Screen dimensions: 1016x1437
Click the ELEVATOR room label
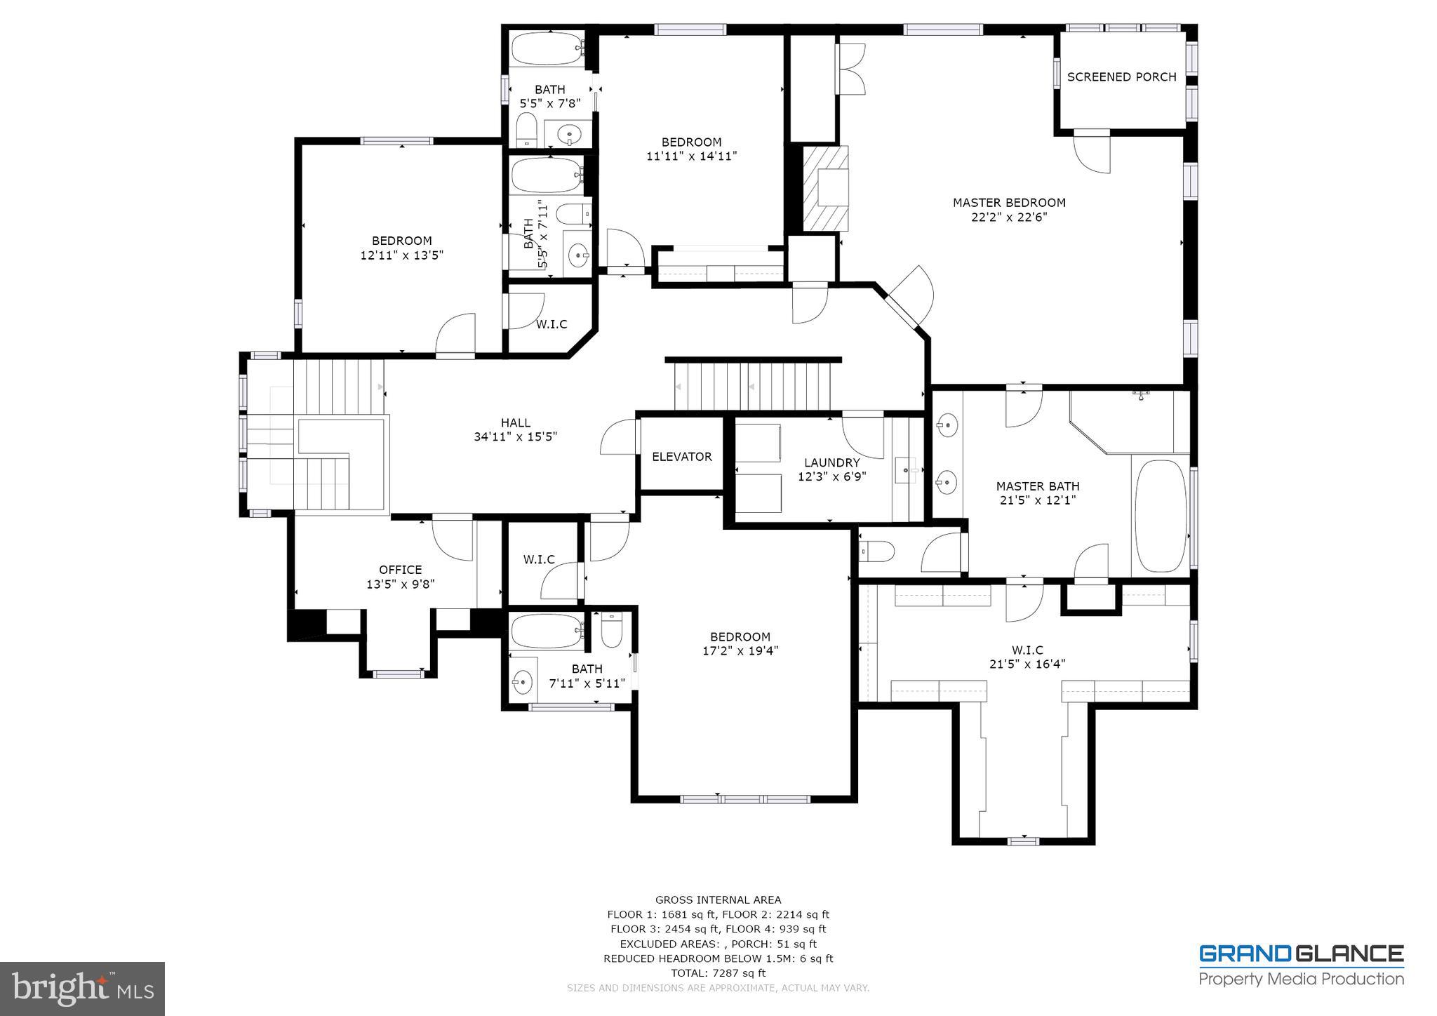point(681,457)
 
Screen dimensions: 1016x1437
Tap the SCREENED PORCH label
point(1121,77)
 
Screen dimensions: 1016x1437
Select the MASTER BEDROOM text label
point(1008,203)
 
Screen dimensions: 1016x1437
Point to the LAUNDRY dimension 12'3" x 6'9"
point(831,476)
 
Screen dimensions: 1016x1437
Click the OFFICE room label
point(400,570)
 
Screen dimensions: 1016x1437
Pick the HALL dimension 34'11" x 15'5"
point(515,436)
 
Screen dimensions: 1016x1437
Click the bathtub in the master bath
point(1161,516)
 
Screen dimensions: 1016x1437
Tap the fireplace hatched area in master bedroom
point(825,188)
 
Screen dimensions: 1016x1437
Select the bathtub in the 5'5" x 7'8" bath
point(547,49)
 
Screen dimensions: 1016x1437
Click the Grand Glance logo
point(1301,965)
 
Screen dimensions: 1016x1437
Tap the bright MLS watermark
point(83,989)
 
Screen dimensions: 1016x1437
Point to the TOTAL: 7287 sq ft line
point(718,973)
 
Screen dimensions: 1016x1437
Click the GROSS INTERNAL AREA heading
point(718,900)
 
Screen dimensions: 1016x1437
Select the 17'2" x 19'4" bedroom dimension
point(740,650)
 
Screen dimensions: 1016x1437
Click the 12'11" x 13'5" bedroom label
point(401,248)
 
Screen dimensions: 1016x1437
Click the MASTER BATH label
point(1037,486)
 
